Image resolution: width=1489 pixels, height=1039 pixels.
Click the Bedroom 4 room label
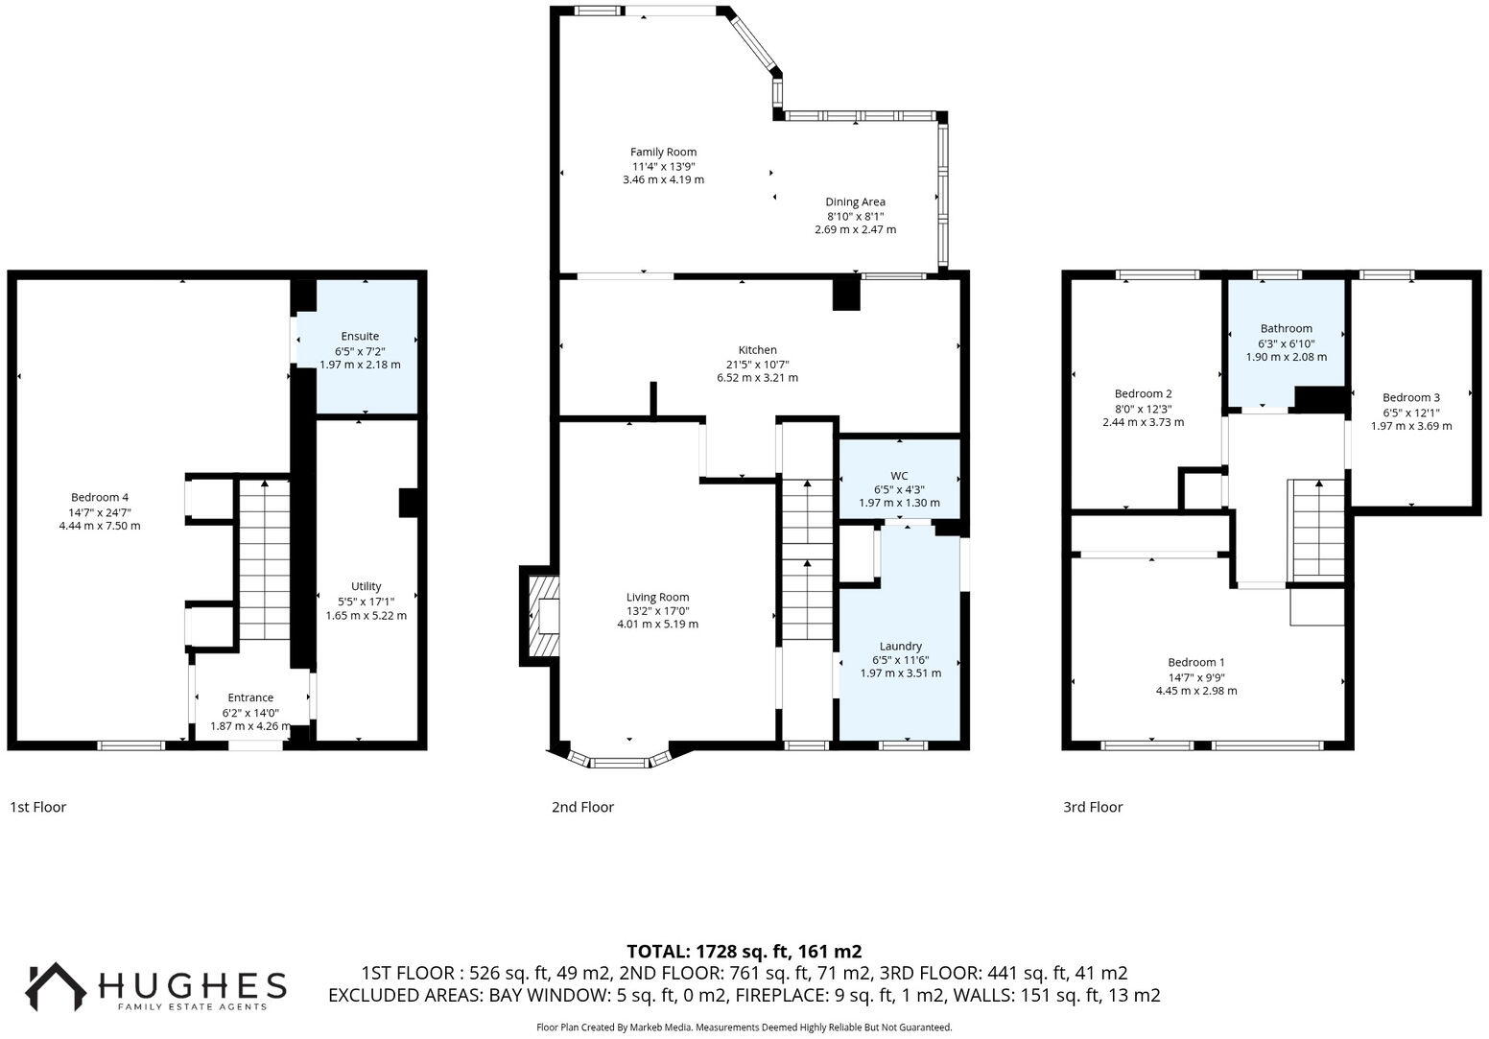(x=100, y=497)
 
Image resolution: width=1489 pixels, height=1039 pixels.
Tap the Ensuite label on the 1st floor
(x=360, y=337)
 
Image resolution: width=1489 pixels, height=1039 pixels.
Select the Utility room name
(x=366, y=586)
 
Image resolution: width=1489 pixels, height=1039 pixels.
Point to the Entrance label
(x=250, y=697)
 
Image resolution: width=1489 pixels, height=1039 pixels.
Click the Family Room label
(x=663, y=153)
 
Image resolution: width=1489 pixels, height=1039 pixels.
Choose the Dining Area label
(x=856, y=202)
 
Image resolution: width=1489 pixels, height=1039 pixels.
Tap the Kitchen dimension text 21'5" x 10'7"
(x=758, y=365)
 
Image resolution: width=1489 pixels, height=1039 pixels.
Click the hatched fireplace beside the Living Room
(x=543, y=616)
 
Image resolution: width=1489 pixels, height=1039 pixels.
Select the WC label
(x=899, y=476)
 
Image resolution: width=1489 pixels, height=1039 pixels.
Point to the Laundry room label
(x=901, y=646)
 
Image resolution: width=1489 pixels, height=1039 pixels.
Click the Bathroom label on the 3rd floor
(x=1287, y=328)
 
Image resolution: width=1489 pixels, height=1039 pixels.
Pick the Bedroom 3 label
(x=1411, y=397)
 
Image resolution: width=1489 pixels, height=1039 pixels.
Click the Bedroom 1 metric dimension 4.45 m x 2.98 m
(x=1196, y=691)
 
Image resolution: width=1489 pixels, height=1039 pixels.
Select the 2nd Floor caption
(x=582, y=807)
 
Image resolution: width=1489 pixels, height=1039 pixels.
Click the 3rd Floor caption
(x=1093, y=807)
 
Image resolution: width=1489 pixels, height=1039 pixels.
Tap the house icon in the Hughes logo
(x=56, y=986)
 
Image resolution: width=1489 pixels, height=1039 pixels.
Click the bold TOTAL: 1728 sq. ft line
(x=744, y=952)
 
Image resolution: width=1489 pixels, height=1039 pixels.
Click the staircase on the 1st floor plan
(x=265, y=559)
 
